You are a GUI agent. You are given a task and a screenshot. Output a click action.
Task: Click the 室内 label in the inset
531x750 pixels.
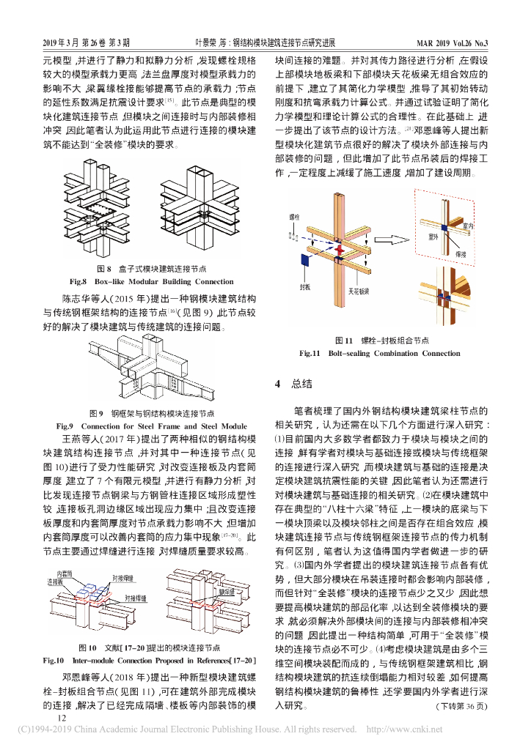[x=467, y=228]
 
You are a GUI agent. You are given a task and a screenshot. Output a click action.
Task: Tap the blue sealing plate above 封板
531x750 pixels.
[x=303, y=261]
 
